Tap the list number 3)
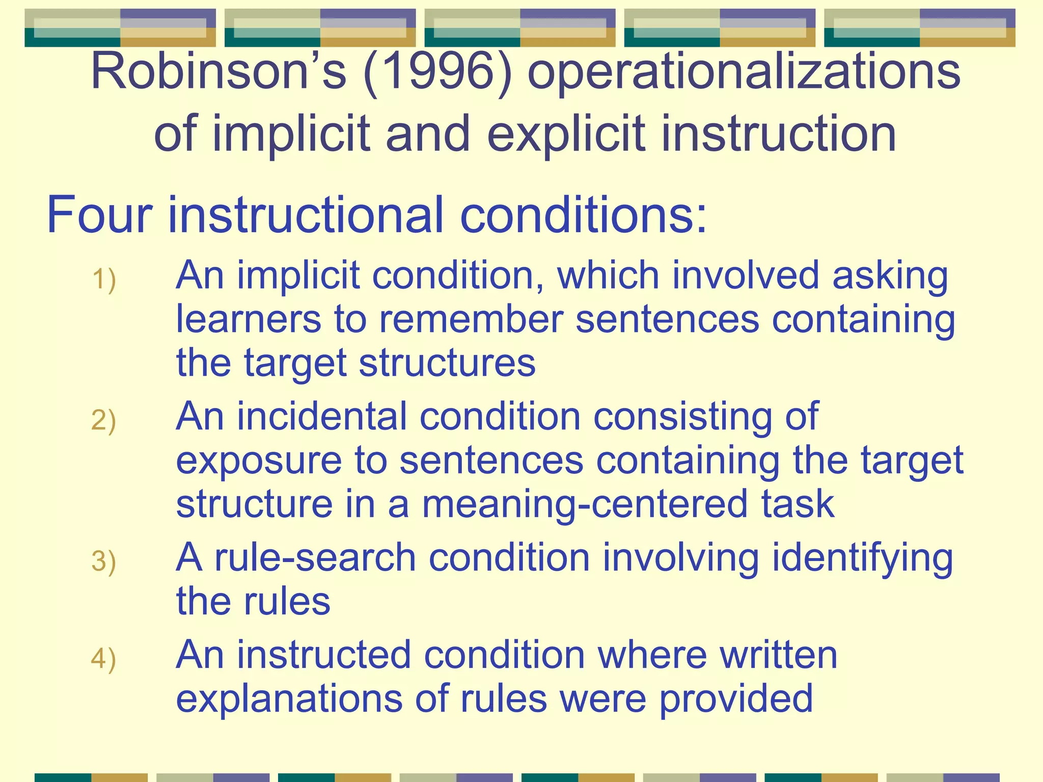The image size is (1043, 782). coord(104,562)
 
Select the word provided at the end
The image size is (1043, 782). coord(735,699)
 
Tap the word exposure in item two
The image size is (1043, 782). coord(259,461)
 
